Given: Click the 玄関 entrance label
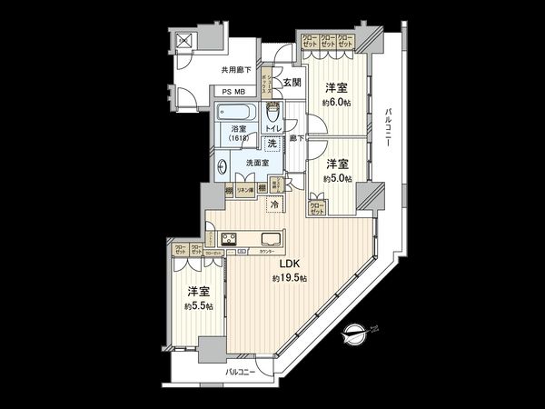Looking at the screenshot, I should coord(292,83).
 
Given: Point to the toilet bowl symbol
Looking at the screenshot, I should coord(274,115).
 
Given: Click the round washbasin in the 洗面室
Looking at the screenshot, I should coord(224,166).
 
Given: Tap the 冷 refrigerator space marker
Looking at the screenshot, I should coord(274,205).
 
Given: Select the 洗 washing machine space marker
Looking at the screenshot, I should coord(272,145).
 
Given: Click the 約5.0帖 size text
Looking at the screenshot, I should coord(337,178).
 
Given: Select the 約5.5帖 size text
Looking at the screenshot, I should coord(199,306).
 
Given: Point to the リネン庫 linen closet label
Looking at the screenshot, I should coord(244,191).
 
